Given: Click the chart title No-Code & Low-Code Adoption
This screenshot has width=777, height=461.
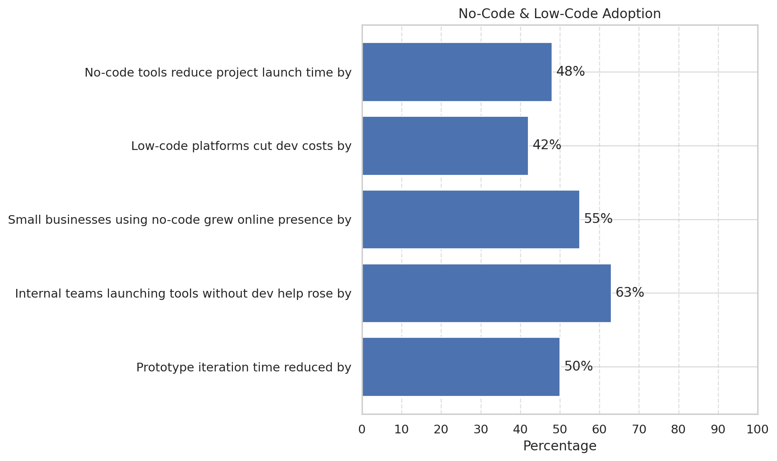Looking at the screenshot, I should coord(559,14).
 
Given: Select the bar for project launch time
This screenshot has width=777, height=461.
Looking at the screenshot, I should coord(457,72).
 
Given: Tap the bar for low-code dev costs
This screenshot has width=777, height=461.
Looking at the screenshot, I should coord(445,146).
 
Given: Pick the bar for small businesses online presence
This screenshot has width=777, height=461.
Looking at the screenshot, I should coord(471,219).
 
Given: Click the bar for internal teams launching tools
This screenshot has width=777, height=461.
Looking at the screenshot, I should coord(486,293).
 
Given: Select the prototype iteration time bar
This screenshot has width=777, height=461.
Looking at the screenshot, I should coord(461,367).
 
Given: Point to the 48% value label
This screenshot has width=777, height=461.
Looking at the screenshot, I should coord(571,71).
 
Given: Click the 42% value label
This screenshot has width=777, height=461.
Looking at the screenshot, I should coord(547,145).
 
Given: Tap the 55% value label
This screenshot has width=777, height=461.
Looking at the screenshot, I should coord(598,219).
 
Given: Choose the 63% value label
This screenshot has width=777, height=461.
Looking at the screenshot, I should coord(630,292).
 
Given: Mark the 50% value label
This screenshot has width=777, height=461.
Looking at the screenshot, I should coord(578,366).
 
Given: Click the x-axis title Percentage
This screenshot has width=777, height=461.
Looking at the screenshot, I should coord(559,446).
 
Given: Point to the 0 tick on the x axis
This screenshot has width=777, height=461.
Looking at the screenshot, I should coord(362,429).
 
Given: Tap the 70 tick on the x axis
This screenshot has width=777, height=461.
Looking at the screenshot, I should coord(639,429).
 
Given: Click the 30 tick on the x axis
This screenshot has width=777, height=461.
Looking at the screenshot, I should coord(481,429).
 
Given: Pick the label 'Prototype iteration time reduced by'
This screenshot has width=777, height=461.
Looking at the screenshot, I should coord(244,367).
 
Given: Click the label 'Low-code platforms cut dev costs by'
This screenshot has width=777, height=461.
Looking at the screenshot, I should coord(241,146).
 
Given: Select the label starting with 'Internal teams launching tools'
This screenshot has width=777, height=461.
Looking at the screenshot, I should coord(183,294).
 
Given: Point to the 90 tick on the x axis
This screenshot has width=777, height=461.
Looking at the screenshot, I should coord(718,429).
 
